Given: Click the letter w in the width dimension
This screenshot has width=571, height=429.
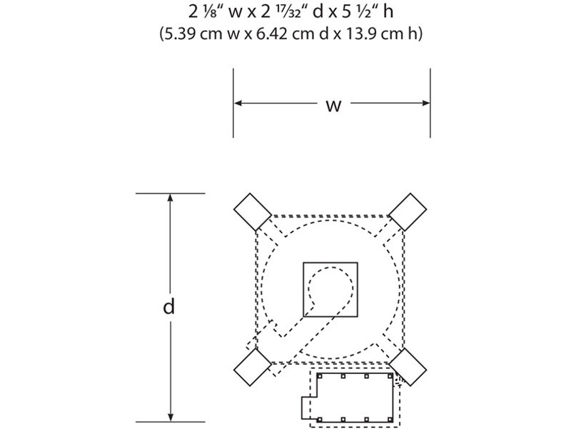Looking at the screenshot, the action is pyautogui.click(x=333, y=106).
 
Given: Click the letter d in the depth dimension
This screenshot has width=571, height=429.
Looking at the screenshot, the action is pyautogui.click(x=169, y=306).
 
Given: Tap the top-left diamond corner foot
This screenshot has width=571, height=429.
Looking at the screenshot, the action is pyautogui.click(x=253, y=212).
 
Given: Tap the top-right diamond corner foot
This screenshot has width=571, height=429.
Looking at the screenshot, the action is pyautogui.click(x=408, y=212).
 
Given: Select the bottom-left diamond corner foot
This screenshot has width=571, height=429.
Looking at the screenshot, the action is pyautogui.click(x=253, y=367).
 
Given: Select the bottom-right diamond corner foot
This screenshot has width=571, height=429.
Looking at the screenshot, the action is pyautogui.click(x=408, y=367).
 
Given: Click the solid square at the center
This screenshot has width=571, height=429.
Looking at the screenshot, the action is pyautogui.click(x=330, y=290).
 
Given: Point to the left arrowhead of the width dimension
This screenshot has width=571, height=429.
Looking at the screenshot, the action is pyautogui.click(x=238, y=104).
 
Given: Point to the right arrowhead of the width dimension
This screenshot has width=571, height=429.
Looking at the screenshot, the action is pyautogui.click(x=425, y=104).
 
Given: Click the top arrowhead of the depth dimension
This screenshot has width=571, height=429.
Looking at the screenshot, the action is pyautogui.click(x=170, y=198).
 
